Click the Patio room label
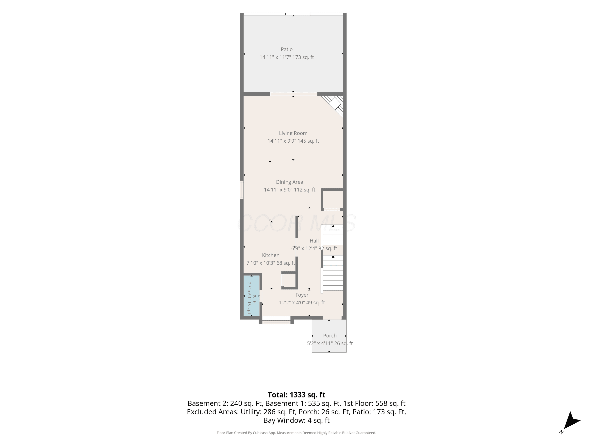(287, 49)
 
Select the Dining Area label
(290, 182)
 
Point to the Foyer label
(302, 295)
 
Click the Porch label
(330, 336)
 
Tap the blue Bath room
(251, 296)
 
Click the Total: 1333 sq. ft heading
(296, 395)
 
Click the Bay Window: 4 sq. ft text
(296, 420)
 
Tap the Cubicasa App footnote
(296, 433)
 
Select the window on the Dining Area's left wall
(242, 190)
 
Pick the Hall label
(314, 241)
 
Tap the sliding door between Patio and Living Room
(294, 94)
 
